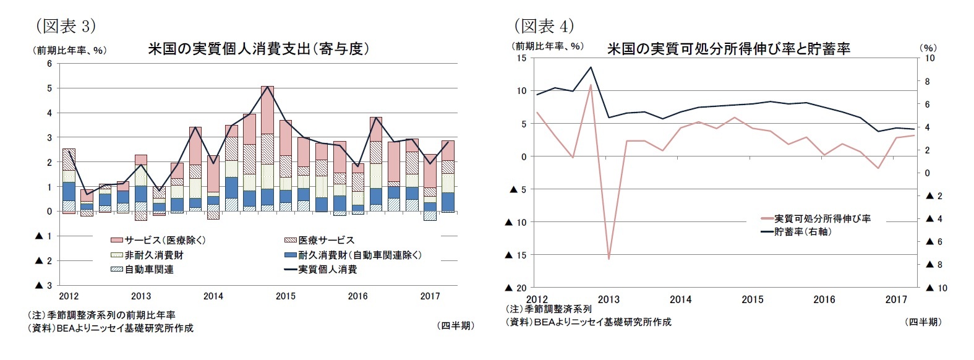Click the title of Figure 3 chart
tap(258, 49)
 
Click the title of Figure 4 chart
tap(728, 49)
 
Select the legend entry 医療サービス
tap(326, 240)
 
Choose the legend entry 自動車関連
tap(148, 270)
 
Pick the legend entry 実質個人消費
tap(327, 270)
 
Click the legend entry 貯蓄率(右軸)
tap(802, 232)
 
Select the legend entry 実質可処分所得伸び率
tap(822, 218)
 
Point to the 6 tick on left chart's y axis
tap(49, 64)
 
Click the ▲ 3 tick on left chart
tap(44, 285)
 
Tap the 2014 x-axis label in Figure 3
tap(213, 296)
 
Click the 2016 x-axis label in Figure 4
tap(824, 299)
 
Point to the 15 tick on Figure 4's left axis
tap(521, 58)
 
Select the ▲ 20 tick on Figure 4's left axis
tap(516, 288)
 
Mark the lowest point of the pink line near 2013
tap(609, 259)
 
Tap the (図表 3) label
tap(66, 26)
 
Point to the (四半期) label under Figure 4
tap(922, 322)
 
